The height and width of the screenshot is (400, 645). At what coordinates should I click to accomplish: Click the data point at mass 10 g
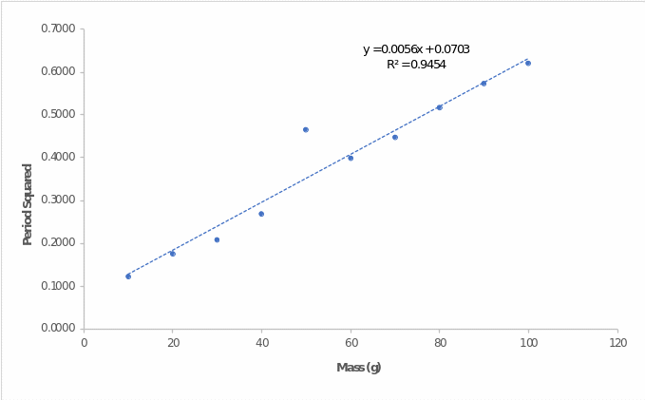pyautogui.click(x=128, y=276)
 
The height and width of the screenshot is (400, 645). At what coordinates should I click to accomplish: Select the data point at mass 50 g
pyautogui.click(x=306, y=129)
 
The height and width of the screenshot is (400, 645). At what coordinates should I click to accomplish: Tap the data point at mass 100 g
pyautogui.click(x=528, y=63)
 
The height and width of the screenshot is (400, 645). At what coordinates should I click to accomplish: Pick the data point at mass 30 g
pyautogui.click(x=217, y=239)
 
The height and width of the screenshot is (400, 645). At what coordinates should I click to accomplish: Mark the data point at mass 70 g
pyautogui.click(x=395, y=137)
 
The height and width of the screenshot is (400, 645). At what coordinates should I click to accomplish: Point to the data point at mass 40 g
pyautogui.click(x=261, y=214)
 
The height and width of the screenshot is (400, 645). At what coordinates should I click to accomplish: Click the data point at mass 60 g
pyautogui.click(x=351, y=158)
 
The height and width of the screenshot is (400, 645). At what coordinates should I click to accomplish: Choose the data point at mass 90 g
pyautogui.click(x=484, y=84)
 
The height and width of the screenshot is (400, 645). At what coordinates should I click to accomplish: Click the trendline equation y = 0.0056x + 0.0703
pyautogui.click(x=416, y=49)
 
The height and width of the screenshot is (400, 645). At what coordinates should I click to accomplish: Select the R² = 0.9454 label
pyautogui.click(x=416, y=65)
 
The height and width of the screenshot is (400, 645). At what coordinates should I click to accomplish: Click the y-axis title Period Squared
pyautogui.click(x=28, y=204)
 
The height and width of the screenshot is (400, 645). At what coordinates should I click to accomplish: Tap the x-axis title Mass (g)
pyautogui.click(x=359, y=368)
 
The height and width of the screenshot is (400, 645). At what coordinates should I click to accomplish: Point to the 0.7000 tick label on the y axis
pyautogui.click(x=58, y=29)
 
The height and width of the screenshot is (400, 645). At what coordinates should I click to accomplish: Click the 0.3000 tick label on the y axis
pyautogui.click(x=58, y=200)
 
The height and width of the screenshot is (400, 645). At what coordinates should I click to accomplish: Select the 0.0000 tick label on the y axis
pyautogui.click(x=58, y=329)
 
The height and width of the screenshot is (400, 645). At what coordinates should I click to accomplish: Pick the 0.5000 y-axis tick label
pyautogui.click(x=58, y=114)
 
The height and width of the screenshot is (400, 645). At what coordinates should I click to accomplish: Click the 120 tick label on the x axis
pyautogui.click(x=617, y=342)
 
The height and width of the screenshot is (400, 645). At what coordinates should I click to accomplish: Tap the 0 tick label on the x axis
pyautogui.click(x=84, y=342)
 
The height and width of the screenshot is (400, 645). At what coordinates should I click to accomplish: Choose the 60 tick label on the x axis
pyautogui.click(x=351, y=342)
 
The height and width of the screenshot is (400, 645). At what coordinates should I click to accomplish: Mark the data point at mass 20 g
pyautogui.click(x=172, y=254)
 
